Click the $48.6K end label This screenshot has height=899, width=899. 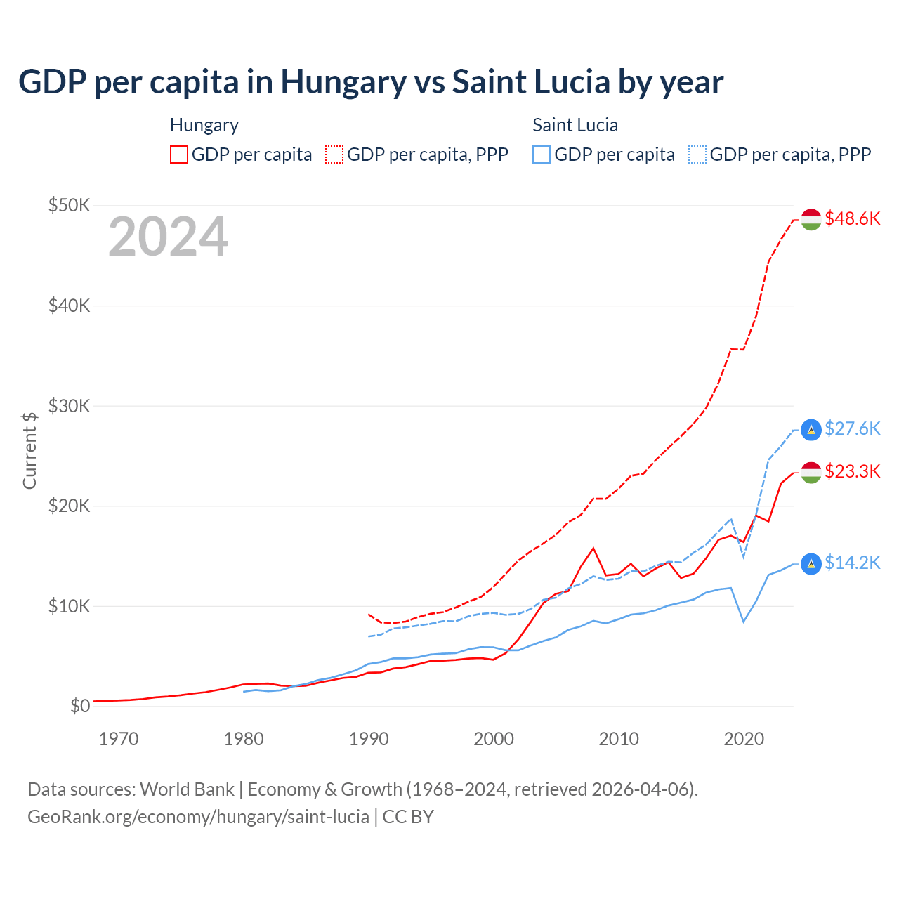pos(852,219)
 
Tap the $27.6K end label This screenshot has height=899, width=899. pos(852,428)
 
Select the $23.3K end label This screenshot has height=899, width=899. pos(852,471)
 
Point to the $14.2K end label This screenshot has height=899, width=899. pos(852,563)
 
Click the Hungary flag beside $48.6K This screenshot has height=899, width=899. pos(811,219)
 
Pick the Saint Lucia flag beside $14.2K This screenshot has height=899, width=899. pos(811,563)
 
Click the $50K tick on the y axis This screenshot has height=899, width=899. pos(69,206)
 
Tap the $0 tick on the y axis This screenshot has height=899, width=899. pos(80,706)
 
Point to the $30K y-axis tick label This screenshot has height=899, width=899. pos(69,406)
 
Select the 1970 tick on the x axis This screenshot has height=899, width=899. pos(119,739)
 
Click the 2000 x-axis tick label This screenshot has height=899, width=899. pos(494,739)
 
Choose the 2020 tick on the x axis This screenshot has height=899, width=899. pos(744,739)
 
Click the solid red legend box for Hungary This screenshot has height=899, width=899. pos(179,155)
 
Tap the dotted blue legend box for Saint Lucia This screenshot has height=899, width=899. pos(697,155)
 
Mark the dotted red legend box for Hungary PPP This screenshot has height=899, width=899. pos(335,155)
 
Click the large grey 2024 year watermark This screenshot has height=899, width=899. pos(168,237)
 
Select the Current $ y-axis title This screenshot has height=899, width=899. pos(29,450)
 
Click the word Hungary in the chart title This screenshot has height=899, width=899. pos(343,82)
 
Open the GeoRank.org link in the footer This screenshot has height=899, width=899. pos(198,817)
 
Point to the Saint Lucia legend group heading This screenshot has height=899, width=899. pos(575,125)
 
